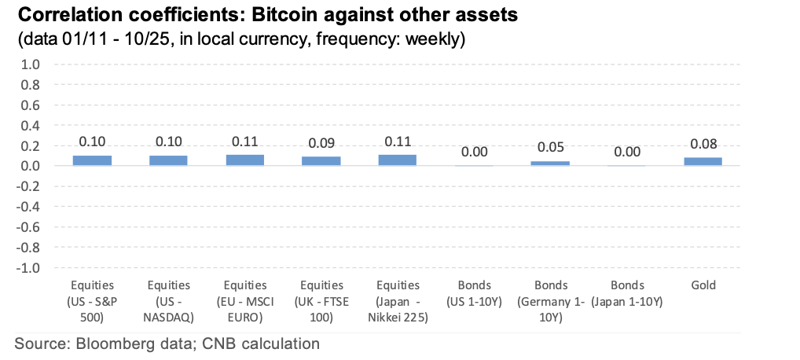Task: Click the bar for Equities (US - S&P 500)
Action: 92,160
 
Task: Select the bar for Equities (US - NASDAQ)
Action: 168,160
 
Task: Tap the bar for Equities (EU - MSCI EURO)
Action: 244,160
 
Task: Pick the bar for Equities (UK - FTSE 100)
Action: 321,161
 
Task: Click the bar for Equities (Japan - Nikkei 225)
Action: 398,160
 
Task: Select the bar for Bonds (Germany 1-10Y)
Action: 550,163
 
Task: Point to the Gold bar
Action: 703,161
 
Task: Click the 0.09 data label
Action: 321,144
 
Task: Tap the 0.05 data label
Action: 550,148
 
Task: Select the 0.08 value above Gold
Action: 703,145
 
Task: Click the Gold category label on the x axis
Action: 703,285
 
